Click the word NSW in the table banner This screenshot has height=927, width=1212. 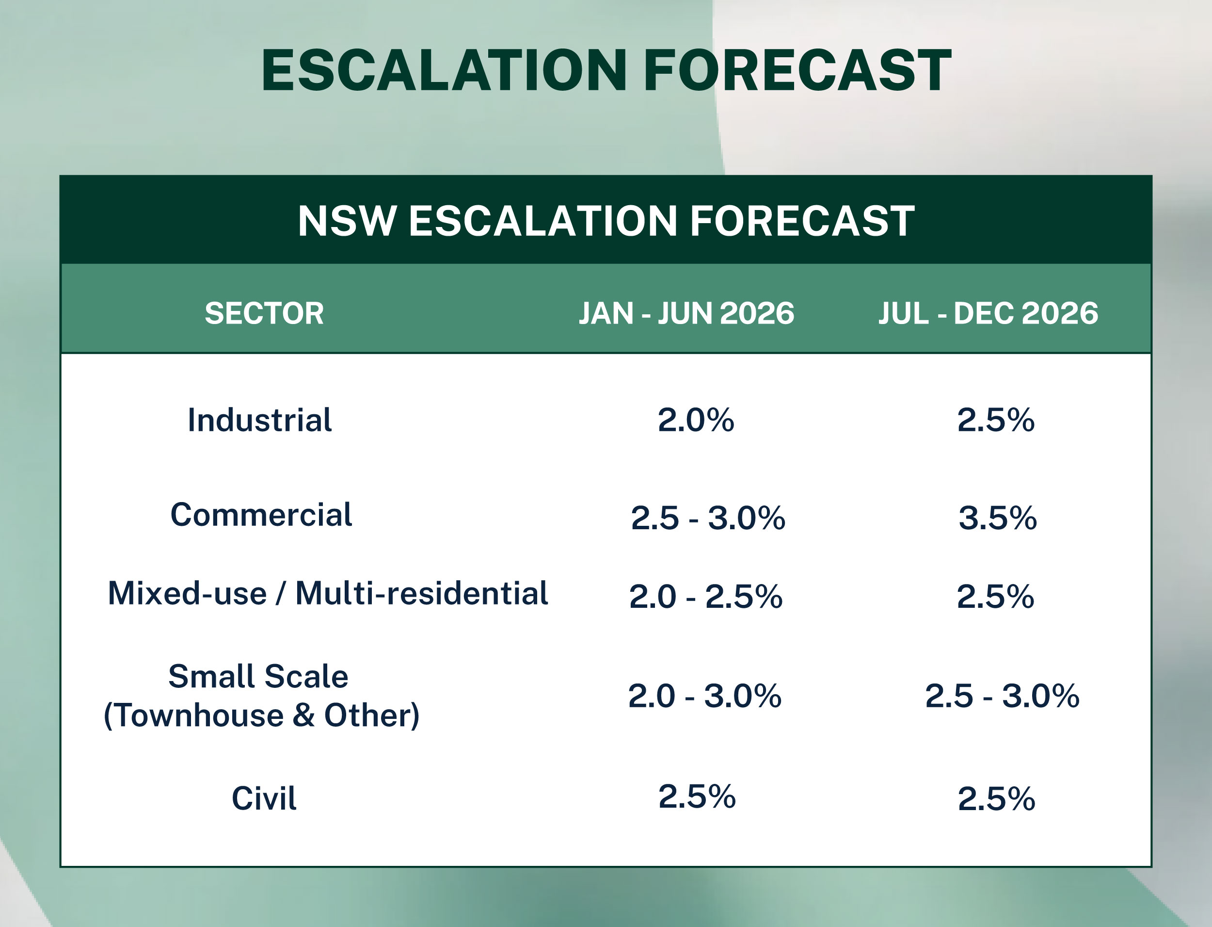pyautogui.click(x=347, y=221)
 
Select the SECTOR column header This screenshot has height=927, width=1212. pyautogui.click(x=264, y=313)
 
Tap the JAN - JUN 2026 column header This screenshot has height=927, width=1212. pyautogui.click(x=686, y=313)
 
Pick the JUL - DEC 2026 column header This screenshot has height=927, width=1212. pyautogui.click(x=988, y=313)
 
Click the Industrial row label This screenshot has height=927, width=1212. pyautogui.click(x=260, y=420)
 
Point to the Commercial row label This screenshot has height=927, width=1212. pyautogui.click(x=261, y=515)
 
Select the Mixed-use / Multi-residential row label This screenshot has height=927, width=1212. pyautogui.click(x=328, y=594)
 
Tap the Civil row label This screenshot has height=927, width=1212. pyautogui.click(x=264, y=798)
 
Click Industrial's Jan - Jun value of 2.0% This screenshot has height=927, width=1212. pyautogui.click(x=696, y=420)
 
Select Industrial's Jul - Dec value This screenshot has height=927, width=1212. pyautogui.click(x=996, y=420)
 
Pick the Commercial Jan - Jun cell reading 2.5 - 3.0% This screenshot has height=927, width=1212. pyautogui.click(x=708, y=518)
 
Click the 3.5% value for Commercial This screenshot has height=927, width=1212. pyautogui.click(x=998, y=518)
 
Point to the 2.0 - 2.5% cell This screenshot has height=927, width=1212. pyautogui.click(x=706, y=597)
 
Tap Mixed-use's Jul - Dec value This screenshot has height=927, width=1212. pyautogui.click(x=995, y=597)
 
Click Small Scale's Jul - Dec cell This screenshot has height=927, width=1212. pyautogui.click(x=1002, y=696)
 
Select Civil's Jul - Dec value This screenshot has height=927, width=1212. pyautogui.click(x=996, y=799)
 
